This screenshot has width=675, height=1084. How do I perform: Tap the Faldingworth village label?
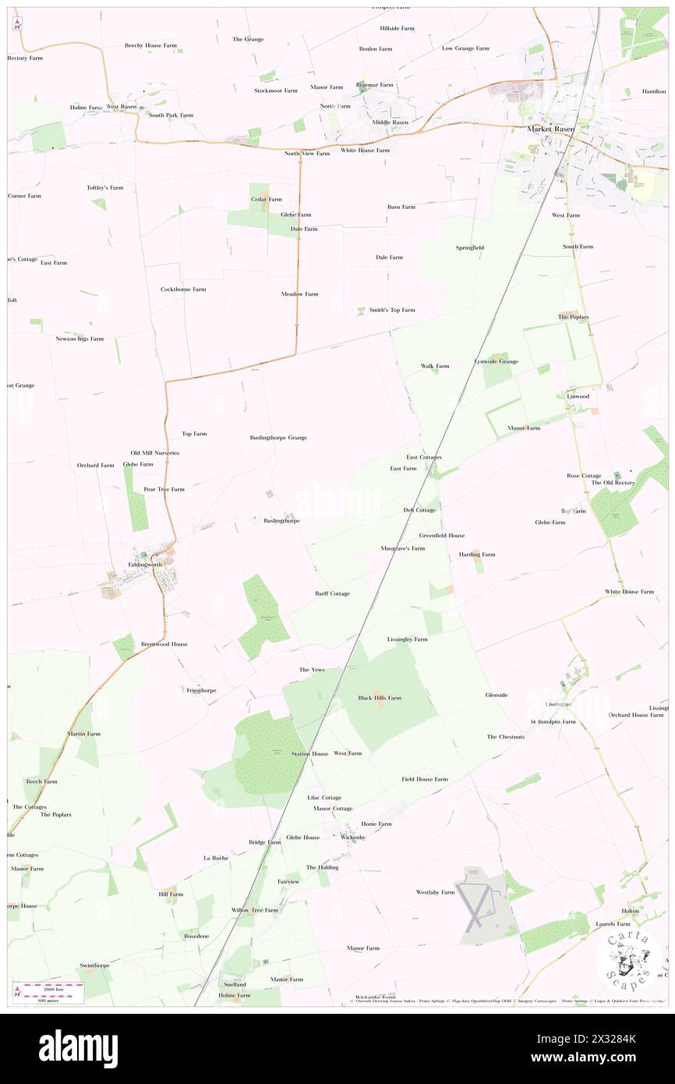pyautogui.click(x=145, y=564)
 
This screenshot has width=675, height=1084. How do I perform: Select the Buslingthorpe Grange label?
pyautogui.click(x=278, y=437)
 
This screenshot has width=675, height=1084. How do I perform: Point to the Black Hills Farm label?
pyautogui.click(x=380, y=697)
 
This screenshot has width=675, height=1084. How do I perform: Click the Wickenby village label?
pyautogui.click(x=353, y=837)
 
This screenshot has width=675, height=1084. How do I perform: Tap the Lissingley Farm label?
pyautogui.click(x=407, y=639)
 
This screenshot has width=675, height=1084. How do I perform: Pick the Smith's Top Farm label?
pyautogui.click(x=392, y=310)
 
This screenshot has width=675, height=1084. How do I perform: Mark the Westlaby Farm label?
pyautogui.click(x=435, y=891)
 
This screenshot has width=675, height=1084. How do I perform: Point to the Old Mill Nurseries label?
pyautogui.click(x=154, y=452)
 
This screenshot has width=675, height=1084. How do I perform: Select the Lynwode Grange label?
pyautogui.click(x=496, y=361)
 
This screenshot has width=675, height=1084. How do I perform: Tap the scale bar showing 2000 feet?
pyautogui.click(x=53, y=990)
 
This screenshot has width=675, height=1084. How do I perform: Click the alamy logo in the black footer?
pyautogui.click(x=79, y=1048)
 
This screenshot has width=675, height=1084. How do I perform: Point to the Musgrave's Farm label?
pyautogui.click(x=402, y=548)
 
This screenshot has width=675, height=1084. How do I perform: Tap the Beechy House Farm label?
pyautogui.click(x=150, y=45)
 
